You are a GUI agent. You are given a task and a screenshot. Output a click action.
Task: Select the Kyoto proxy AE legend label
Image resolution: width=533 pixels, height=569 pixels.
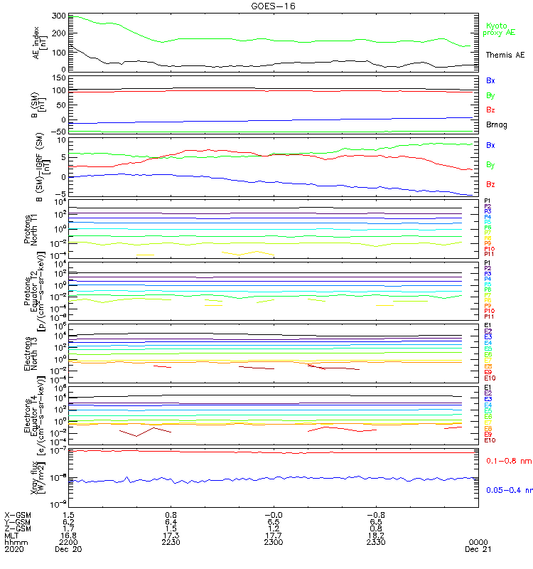[x=497, y=29]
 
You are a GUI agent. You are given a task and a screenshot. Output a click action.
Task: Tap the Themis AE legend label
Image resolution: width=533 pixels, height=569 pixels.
[x=505, y=55]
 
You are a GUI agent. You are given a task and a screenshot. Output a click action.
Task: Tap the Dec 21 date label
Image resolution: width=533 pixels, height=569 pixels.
[x=475, y=548]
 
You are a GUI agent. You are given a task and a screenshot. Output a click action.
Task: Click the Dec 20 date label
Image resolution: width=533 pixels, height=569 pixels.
[x=69, y=548]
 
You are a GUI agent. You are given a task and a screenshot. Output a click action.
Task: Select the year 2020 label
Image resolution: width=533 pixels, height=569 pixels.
[x=14, y=548]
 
